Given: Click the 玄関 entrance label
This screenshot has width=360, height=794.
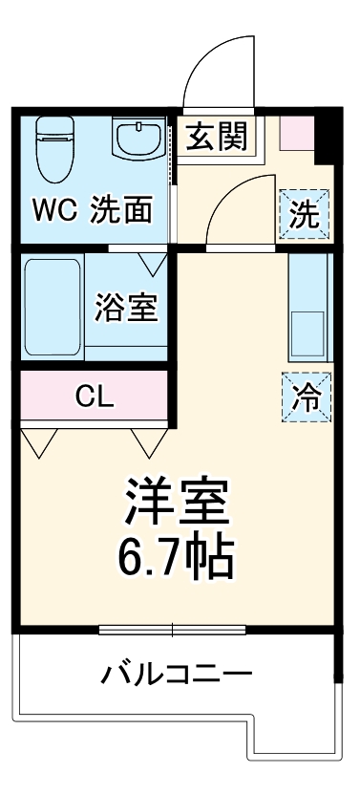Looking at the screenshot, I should pos(216,137).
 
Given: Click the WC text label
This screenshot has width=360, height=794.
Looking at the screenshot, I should pos(56,211).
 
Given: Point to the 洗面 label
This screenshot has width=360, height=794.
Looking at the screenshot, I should pos(121,211).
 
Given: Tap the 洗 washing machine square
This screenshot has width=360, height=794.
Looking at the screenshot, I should pos(305,214).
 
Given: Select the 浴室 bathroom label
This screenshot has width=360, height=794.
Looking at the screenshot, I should pos(126,308).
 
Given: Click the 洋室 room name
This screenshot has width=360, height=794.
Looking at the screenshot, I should pos(176,503).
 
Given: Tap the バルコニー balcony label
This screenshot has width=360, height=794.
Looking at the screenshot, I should pos(178,676).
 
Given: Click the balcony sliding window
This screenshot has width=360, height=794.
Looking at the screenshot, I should pos(173,630).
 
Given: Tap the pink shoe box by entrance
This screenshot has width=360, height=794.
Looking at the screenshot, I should pos(296,132).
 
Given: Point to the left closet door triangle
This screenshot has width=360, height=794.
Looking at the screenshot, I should pos(40,442).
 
